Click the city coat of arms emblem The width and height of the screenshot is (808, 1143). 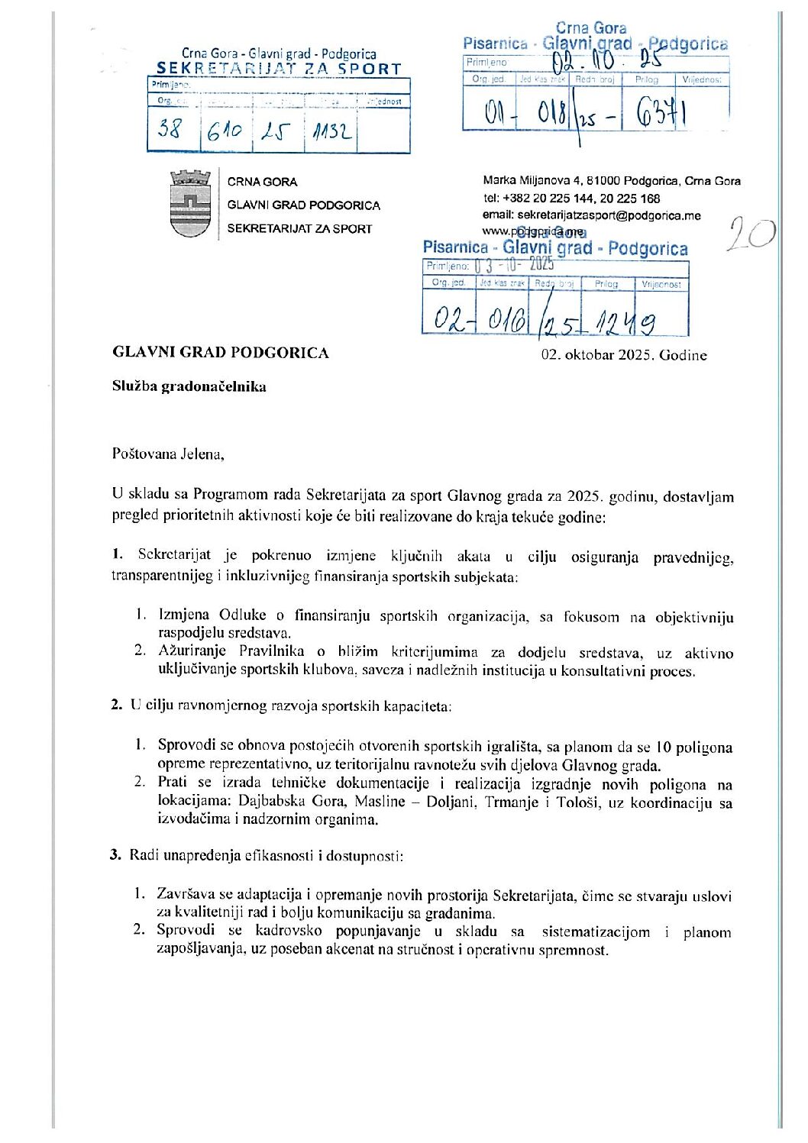coord(190,203)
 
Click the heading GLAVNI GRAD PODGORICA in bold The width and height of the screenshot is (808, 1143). coord(220,353)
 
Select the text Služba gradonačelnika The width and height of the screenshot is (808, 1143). coord(189,386)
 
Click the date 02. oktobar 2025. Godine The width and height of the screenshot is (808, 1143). coord(624,355)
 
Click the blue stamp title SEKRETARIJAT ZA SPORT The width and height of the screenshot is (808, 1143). coord(278,69)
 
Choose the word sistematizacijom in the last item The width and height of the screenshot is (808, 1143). coord(596,932)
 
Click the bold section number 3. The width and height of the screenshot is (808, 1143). coord(115,854)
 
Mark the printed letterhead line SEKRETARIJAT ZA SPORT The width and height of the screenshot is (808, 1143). coord(299,228)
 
